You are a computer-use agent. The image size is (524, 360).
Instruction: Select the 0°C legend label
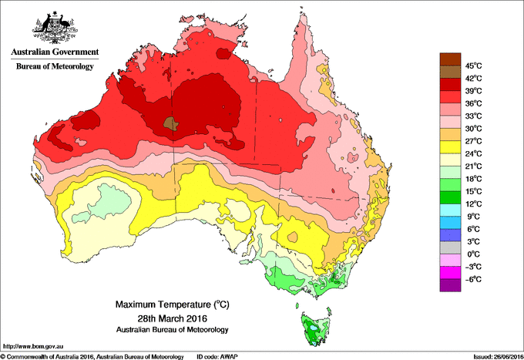click(x=472, y=254)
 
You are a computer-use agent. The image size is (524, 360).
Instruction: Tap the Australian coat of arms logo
click(x=55, y=28)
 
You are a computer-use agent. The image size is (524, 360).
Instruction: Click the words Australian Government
click(x=55, y=52)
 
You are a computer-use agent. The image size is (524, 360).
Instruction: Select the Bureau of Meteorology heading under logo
click(x=55, y=67)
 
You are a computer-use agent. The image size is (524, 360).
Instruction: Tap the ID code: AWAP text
click(x=219, y=355)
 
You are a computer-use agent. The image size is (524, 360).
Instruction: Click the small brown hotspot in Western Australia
click(x=171, y=122)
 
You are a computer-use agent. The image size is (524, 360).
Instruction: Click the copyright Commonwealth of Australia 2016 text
click(x=92, y=355)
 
